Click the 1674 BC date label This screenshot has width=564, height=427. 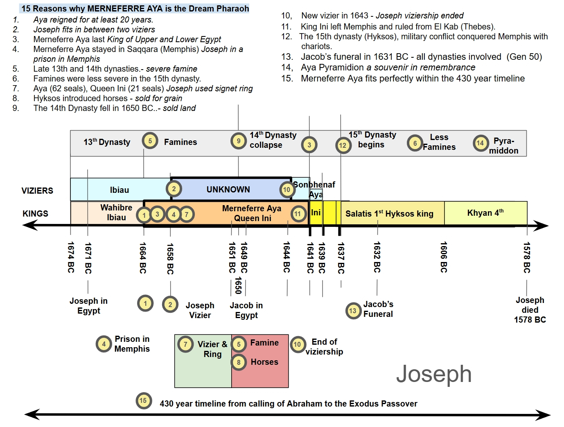(71, 257)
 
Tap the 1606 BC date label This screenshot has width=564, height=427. (444, 257)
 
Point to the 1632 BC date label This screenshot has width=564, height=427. (377, 257)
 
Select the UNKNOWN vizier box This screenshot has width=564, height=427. (228, 190)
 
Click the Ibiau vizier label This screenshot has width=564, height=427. (119, 190)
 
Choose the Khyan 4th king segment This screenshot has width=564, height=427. (485, 213)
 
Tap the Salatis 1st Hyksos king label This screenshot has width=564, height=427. (389, 214)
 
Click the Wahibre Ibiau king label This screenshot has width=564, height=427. (116, 212)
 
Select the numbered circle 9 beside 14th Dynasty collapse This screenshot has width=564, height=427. (239, 141)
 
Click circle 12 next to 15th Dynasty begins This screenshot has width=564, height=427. (343, 145)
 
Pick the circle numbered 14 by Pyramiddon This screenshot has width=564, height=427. (481, 143)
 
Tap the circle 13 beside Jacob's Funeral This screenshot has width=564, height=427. (353, 311)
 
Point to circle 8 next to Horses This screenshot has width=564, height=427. (239, 362)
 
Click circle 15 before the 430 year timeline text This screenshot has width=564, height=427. (143, 401)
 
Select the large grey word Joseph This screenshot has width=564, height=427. (434, 374)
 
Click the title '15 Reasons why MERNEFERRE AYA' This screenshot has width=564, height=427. (135, 9)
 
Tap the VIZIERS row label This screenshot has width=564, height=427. (37, 191)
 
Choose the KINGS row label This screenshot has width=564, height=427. (36, 214)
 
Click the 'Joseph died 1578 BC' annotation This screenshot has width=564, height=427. (530, 310)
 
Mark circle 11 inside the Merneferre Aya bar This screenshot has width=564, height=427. (298, 214)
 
